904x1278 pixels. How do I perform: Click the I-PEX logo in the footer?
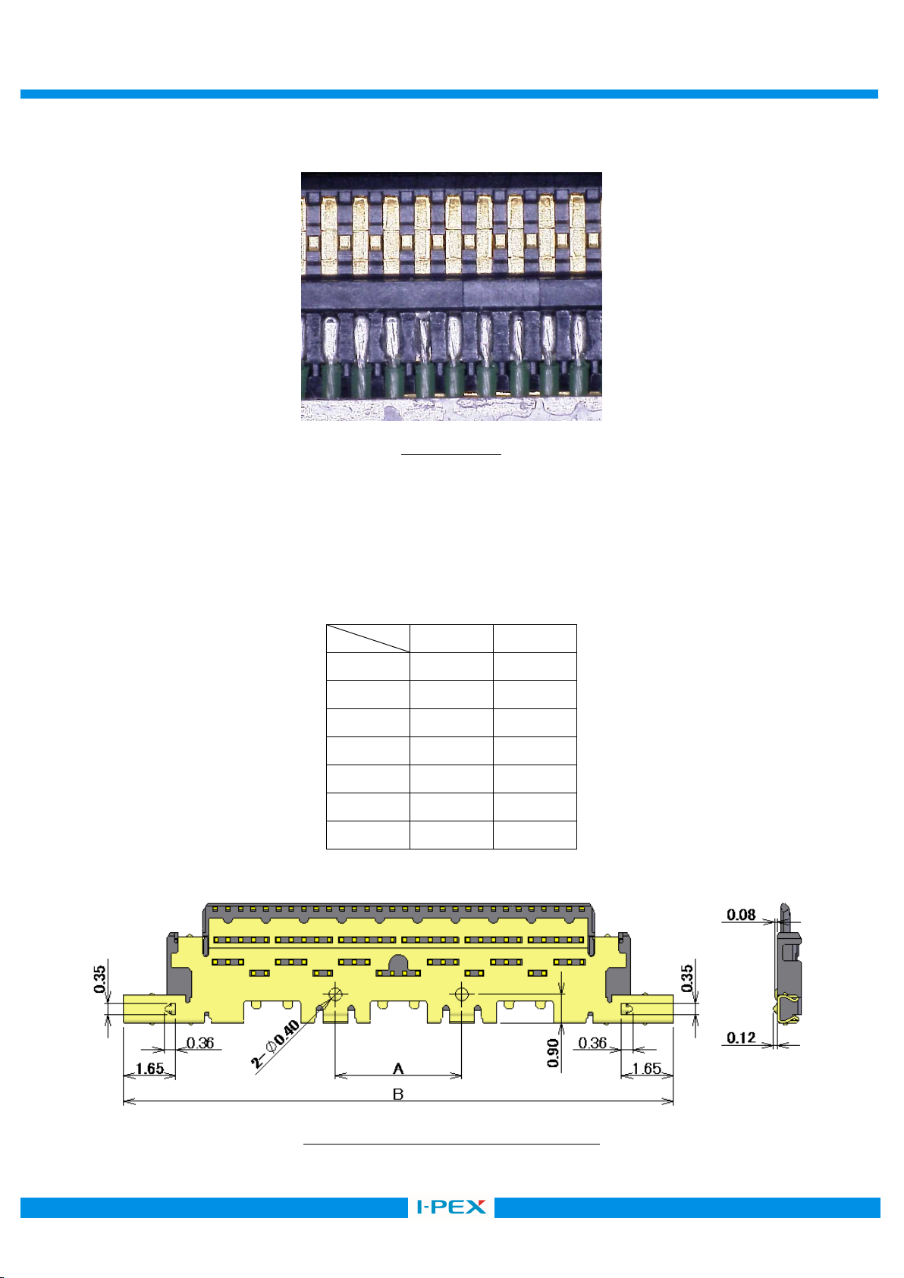(x=451, y=1207)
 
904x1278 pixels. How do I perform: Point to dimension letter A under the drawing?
(x=398, y=1068)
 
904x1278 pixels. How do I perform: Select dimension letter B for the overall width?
(x=398, y=1094)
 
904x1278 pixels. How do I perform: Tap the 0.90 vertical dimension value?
(x=553, y=1053)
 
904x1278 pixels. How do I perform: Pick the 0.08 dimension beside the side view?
(x=741, y=915)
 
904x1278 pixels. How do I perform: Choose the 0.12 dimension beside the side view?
(x=741, y=1038)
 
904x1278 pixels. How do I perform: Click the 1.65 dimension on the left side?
(x=149, y=1067)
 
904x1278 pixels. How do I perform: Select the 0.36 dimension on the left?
(x=200, y=1042)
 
